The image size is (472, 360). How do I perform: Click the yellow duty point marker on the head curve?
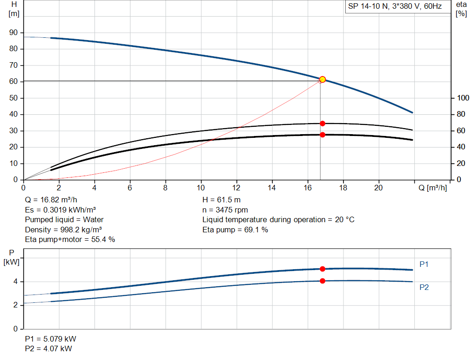(322, 79)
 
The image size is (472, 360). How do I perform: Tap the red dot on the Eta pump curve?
(322, 124)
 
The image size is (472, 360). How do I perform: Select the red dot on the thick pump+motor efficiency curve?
(322, 135)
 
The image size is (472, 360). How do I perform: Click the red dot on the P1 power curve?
(322, 269)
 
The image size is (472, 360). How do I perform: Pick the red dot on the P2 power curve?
(322, 281)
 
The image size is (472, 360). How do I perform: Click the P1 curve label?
(424, 264)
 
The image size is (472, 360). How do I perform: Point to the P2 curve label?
(424, 287)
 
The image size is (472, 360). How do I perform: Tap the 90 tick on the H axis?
(14, 33)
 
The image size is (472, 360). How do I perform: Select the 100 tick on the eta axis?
(462, 98)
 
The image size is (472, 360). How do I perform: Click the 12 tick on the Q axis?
(236, 188)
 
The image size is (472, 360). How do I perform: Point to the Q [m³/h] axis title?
(433, 188)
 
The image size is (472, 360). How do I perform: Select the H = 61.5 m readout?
(221, 200)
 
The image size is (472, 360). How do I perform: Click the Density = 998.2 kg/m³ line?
(64, 230)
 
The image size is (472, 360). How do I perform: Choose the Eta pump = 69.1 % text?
(235, 230)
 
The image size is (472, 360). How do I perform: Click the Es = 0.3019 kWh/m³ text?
(60, 210)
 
